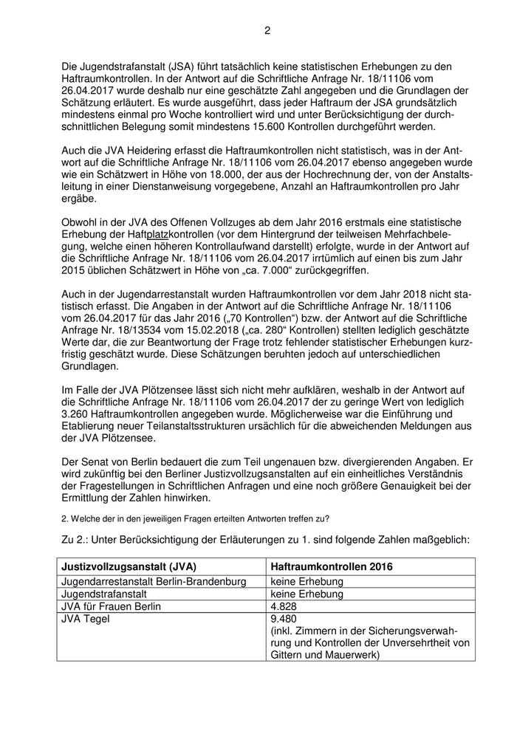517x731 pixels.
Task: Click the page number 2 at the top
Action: click(267, 30)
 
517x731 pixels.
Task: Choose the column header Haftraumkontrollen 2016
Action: click(332, 566)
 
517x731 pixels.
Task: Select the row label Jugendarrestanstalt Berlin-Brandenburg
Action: click(154, 582)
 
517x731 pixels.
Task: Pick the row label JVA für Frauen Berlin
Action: click(111, 606)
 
